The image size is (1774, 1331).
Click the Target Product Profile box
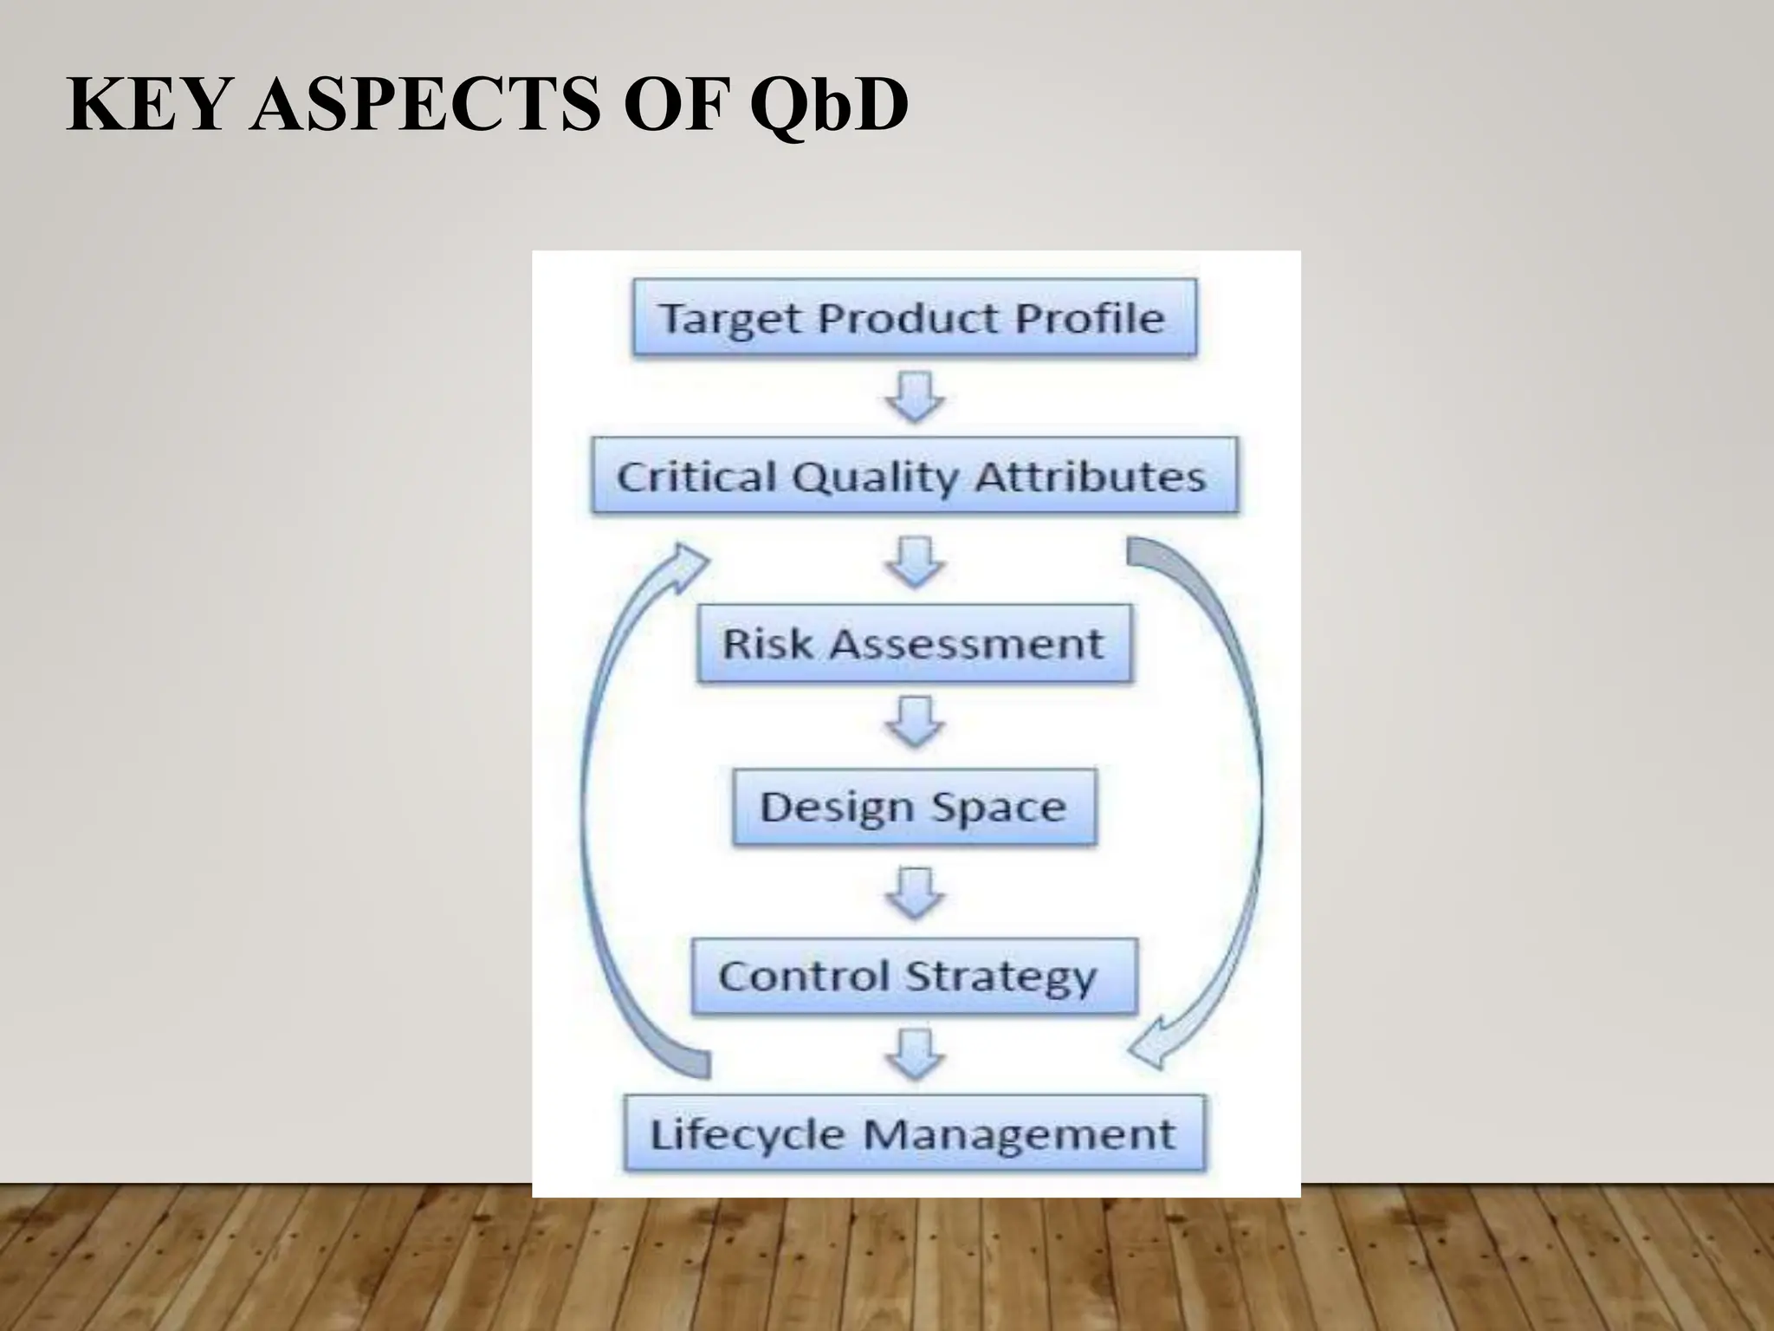tap(914, 317)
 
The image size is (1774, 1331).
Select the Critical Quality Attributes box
tap(914, 477)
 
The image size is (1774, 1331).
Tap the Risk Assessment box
tap(914, 644)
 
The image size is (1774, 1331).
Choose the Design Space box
tap(914, 807)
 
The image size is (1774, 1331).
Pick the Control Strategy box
tap(914, 976)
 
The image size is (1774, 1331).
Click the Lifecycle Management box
tap(914, 1134)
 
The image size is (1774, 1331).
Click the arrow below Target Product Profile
tap(915, 398)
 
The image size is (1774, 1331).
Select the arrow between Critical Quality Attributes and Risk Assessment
tap(915, 562)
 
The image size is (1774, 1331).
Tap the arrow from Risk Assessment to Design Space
tap(915, 722)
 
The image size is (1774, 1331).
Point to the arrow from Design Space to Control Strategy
tap(915, 893)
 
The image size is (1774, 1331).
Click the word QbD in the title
tap(829, 105)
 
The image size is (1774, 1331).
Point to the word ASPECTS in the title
tap(423, 105)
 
